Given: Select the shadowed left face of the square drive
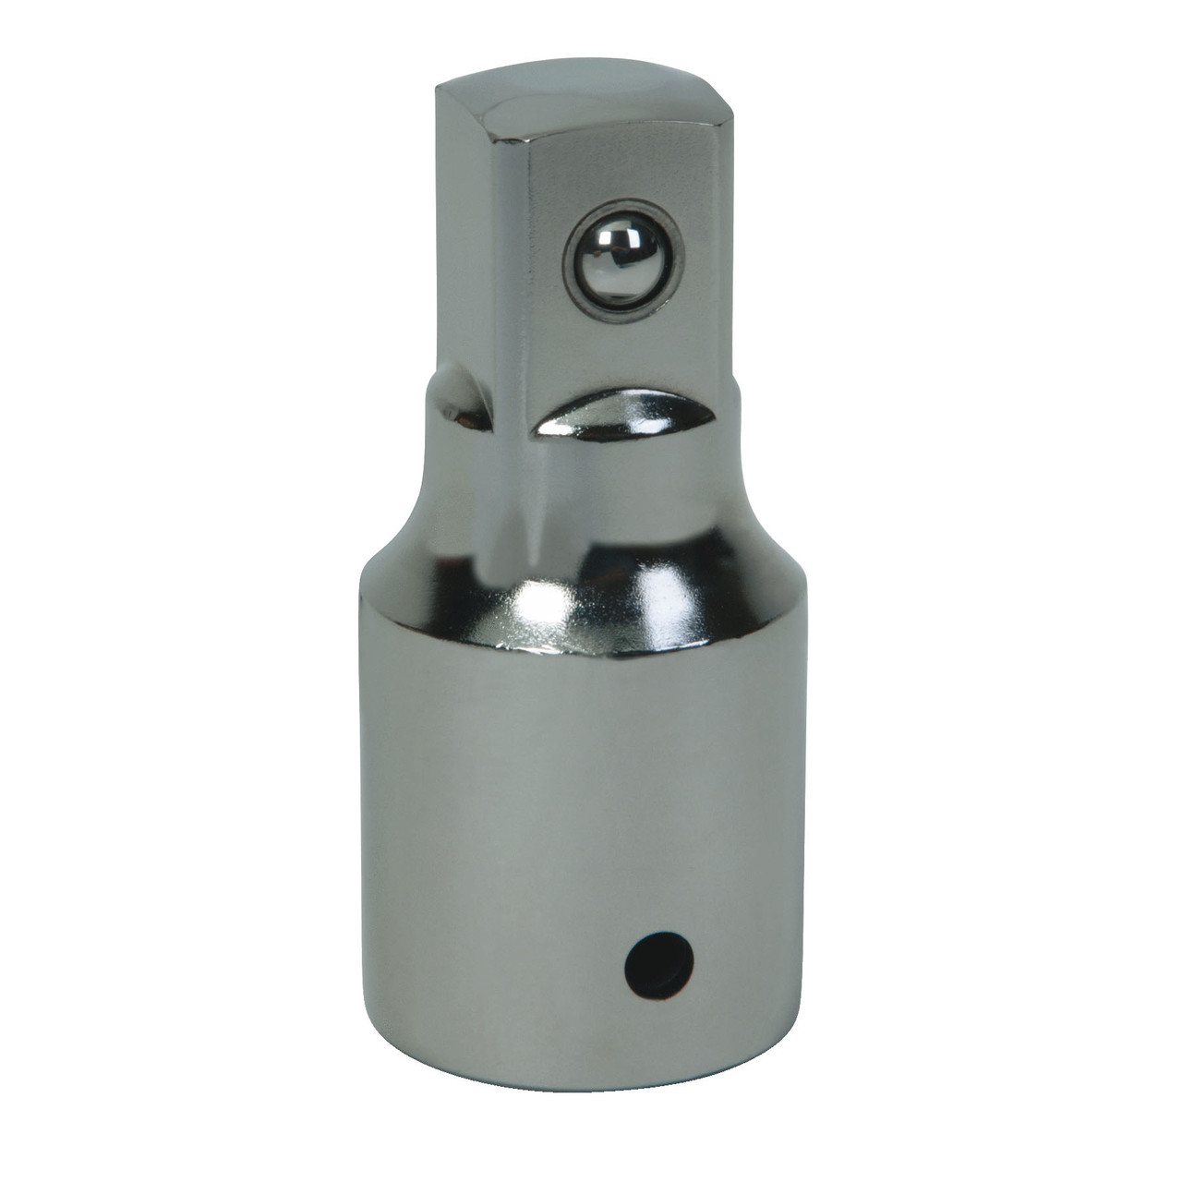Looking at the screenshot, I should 466,231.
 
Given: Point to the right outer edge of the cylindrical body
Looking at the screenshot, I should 800,831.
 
